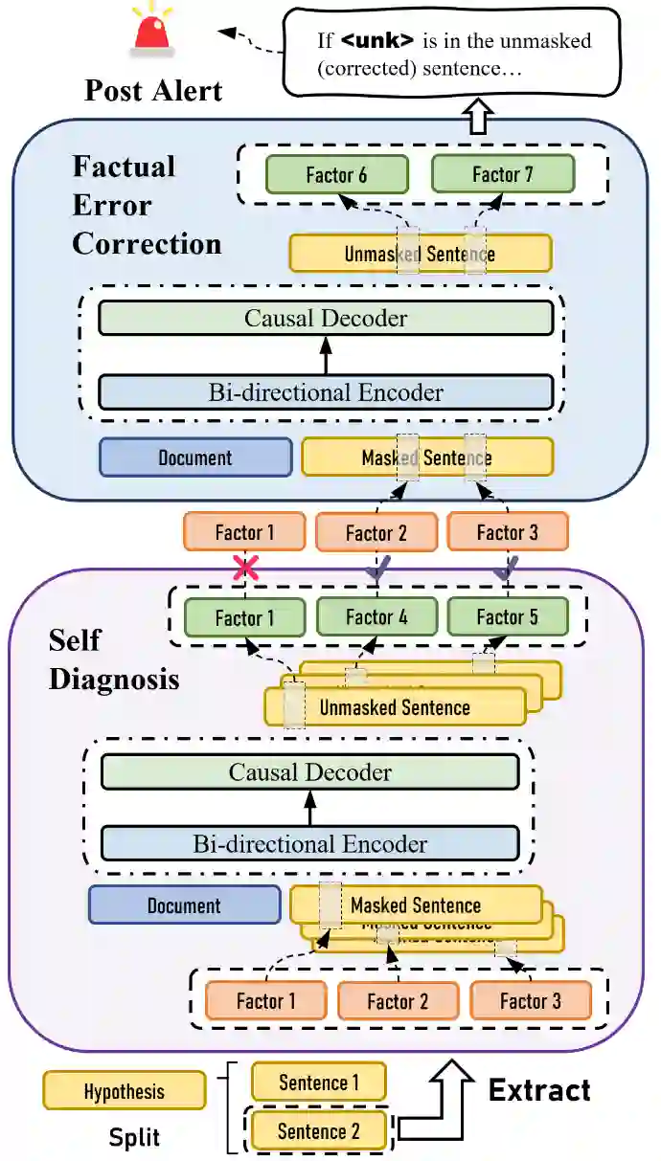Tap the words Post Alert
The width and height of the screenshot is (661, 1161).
click(153, 90)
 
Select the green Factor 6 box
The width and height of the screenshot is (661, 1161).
click(336, 175)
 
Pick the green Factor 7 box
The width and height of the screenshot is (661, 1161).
click(503, 174)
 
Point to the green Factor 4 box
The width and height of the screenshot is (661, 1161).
click(376, 617)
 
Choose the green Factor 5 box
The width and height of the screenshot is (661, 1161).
click(507, 617)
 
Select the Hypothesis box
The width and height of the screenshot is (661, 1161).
click(124, 1091)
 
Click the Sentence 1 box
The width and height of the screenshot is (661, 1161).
click(319, 1083)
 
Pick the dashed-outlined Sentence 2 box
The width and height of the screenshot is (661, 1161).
click(319, 1131)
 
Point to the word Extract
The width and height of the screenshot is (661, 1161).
click(539, 1089)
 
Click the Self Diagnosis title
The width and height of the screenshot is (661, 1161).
click(113, 659)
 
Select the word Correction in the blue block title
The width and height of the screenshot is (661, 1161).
click(147, 244)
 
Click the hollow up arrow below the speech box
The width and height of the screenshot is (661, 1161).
click(476, 118)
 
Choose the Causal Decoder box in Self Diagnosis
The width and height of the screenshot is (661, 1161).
click(309, 772)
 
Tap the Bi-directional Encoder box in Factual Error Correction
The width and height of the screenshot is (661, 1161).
click(326, 392)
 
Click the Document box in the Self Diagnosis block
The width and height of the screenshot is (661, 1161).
click(183, 905)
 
